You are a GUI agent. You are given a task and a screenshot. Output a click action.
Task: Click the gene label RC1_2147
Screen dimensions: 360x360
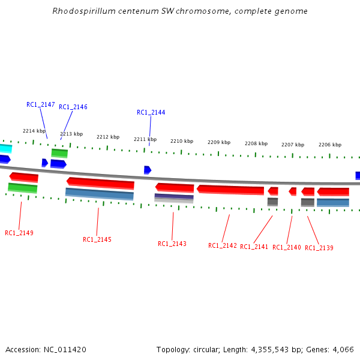point(41,104)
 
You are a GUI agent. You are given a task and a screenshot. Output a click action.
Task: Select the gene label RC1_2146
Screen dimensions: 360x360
point(73,107)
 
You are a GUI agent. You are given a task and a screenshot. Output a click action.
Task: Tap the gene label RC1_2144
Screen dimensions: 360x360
point(151,112)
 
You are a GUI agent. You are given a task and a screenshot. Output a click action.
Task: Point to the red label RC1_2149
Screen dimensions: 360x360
point(19,233)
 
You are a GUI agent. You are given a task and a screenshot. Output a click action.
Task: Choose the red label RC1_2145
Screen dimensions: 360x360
point(97,239)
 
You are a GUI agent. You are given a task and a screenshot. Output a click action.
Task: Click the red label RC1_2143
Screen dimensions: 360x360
point(172,244)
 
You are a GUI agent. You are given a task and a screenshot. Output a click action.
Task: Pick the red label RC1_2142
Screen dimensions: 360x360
point(223,245)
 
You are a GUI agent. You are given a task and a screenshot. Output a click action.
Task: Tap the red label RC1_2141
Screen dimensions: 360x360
point(254,247)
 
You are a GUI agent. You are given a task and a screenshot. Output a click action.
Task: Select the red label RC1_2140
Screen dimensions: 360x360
point(287,247)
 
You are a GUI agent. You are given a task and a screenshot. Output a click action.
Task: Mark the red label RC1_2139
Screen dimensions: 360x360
point(319,248)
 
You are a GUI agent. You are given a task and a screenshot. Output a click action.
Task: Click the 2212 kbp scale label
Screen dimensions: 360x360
point(108,137)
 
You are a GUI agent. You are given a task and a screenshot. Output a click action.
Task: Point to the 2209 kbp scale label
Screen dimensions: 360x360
point(219,142)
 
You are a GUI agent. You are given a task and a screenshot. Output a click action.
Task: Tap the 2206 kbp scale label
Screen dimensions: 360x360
point(330,145)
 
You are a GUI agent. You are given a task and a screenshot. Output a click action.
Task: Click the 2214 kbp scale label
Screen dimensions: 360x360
point(34,131)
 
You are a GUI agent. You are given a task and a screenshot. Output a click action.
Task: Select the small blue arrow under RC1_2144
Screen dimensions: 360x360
point(147,170)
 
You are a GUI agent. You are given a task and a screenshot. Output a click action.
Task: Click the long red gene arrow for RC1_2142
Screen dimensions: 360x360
point(230,190)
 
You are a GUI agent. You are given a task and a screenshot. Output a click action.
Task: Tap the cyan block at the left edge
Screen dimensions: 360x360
point(5,148)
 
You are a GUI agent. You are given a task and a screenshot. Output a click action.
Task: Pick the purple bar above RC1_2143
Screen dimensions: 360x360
point(174,196)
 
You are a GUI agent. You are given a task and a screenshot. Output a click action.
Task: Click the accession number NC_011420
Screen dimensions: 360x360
point(65,349)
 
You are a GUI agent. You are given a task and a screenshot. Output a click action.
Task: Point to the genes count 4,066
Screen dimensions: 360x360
point(343,349)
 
